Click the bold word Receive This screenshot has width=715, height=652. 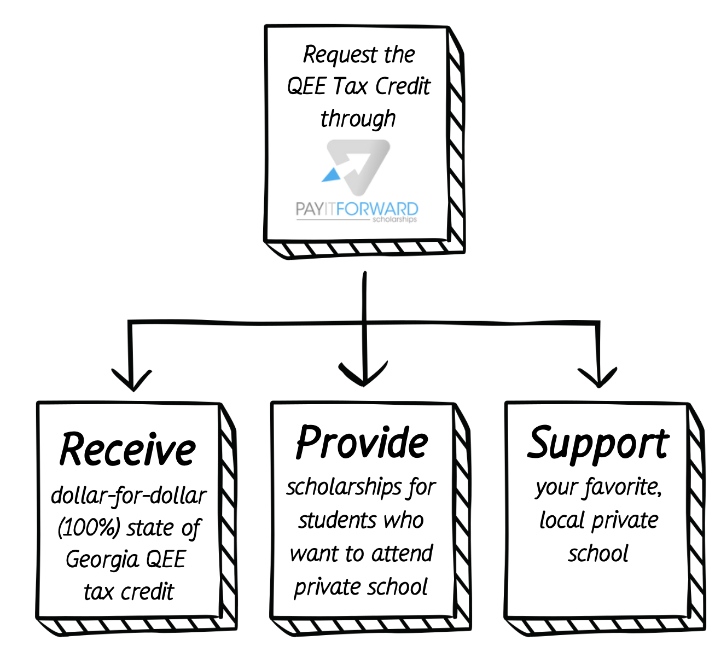127,450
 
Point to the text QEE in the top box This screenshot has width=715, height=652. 306,86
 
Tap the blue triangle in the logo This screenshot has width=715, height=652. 332,174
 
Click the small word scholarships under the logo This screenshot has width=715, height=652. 394,220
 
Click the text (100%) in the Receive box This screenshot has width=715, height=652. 89,528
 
